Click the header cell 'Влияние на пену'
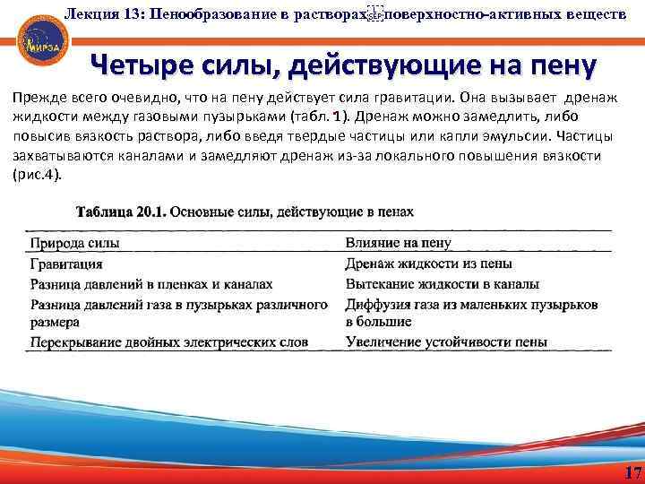[x=398, y=242]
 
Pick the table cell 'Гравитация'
[x=66, y=264]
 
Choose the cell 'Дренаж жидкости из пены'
[x=428, y=264]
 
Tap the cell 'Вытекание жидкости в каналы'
[x=442, y=284]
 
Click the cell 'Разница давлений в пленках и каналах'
[x=151, y=284]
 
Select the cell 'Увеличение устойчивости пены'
[x=445, y=342]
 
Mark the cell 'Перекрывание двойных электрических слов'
[x=169, y=342]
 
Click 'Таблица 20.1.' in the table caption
[x=120, y=212]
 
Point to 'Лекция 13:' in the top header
[x=98, y=13]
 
